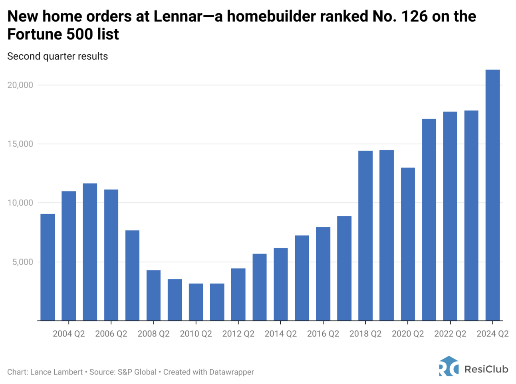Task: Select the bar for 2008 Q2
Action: [153, 296]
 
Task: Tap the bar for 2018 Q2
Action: [365, 236]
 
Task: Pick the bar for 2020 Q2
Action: [408, 244]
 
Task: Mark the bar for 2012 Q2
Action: [238, 294]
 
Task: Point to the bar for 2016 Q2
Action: [323, 274]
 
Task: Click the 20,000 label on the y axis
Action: [20, 85]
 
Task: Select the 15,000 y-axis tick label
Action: [20, 144]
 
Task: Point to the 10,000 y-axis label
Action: [20, 203]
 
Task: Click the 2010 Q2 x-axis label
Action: [196, 334]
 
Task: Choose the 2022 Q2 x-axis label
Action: [450, 334]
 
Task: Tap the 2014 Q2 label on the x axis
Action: [280, 334]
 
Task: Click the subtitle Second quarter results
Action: [58, 56]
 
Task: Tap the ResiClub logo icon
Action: [449, 366]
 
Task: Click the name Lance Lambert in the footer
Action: [56, 372]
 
